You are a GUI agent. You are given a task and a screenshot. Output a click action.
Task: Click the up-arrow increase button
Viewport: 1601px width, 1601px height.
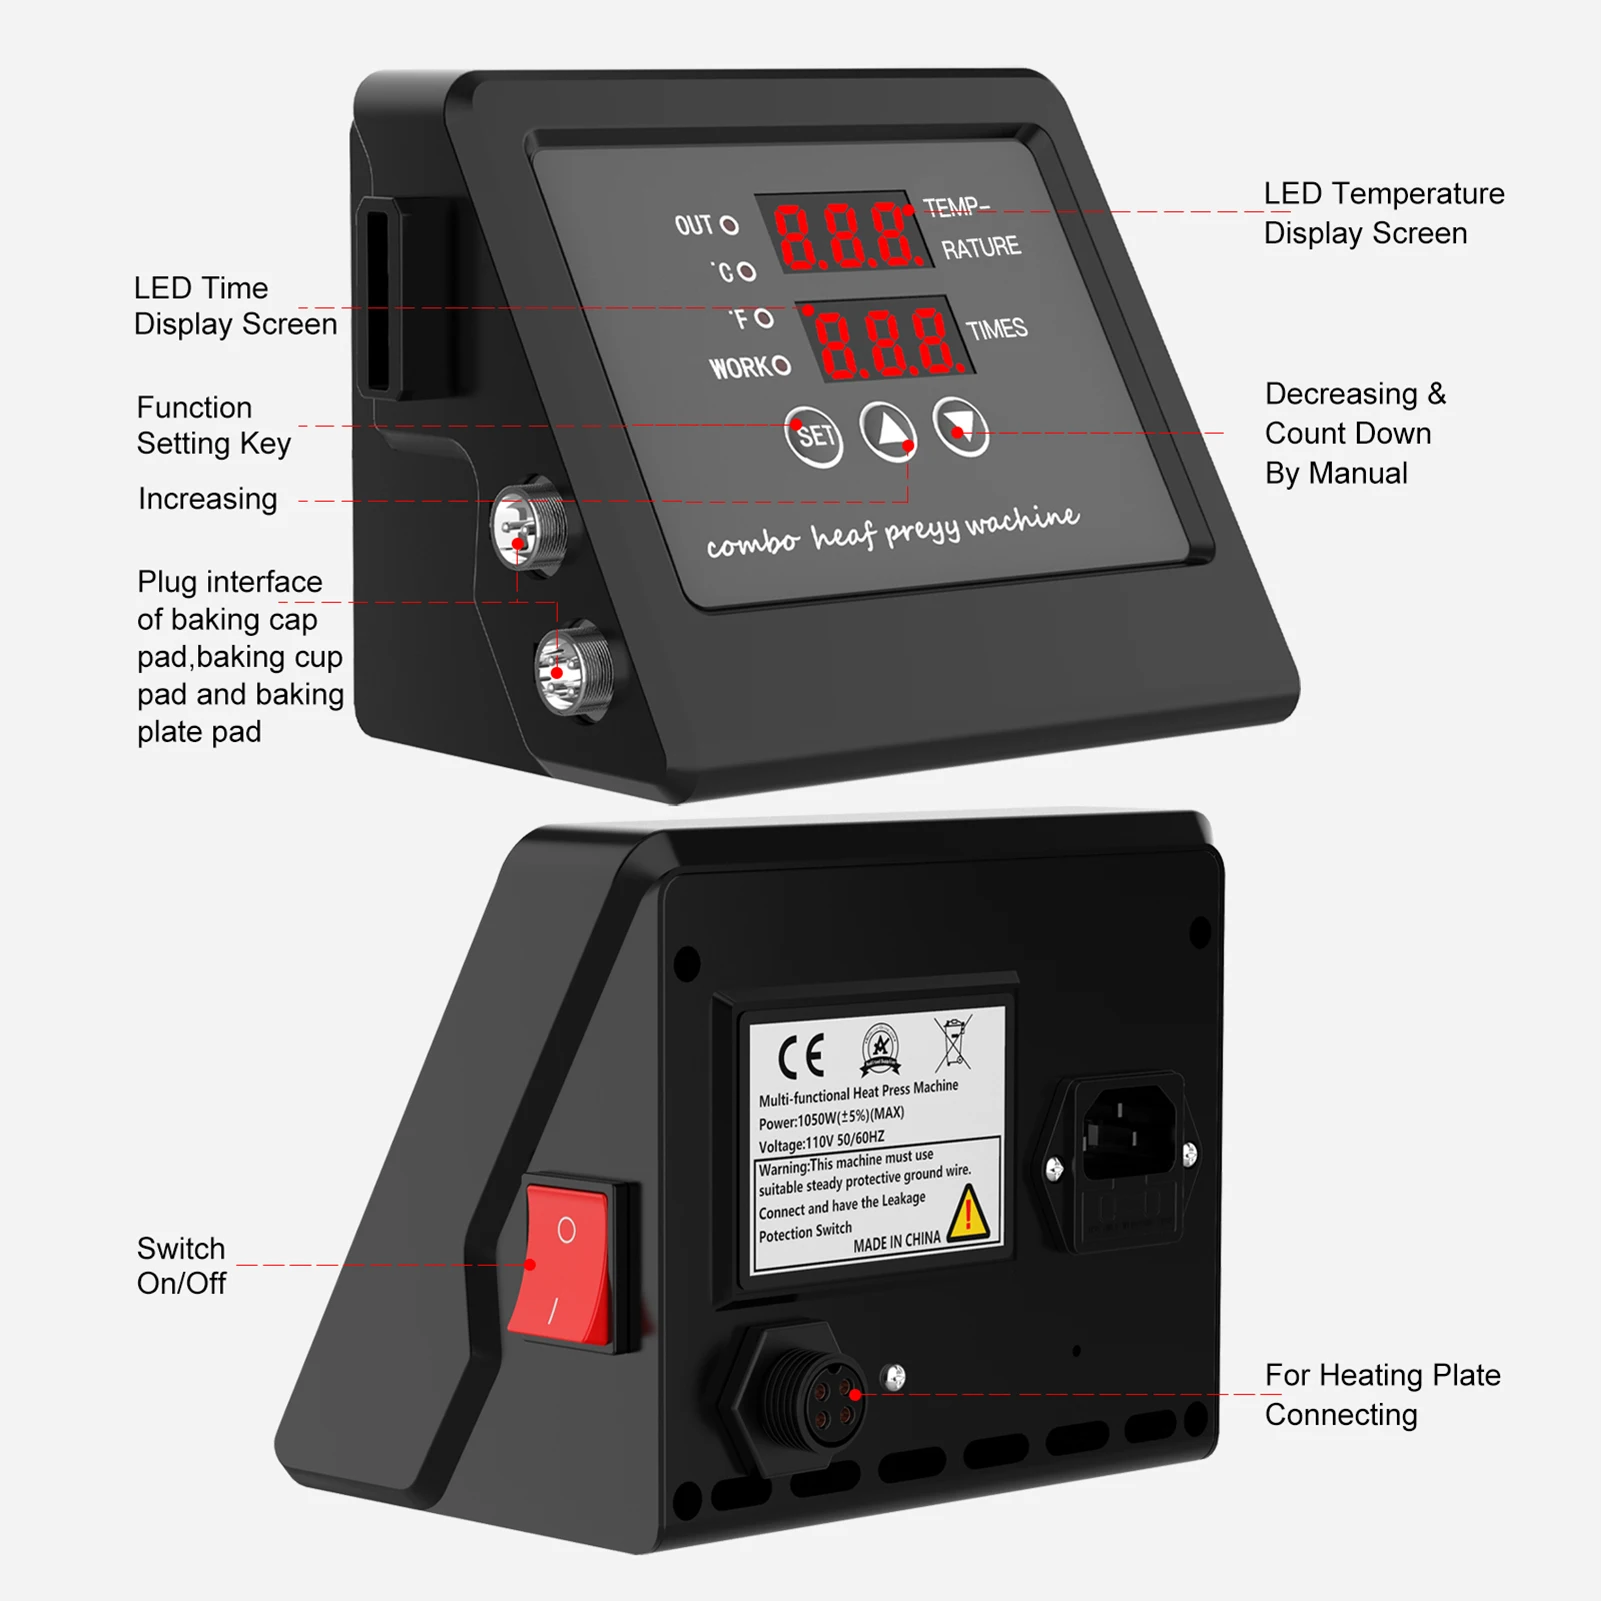click(888, 431)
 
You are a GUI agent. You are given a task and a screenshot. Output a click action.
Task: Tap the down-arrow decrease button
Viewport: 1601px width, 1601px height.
click(961, 426)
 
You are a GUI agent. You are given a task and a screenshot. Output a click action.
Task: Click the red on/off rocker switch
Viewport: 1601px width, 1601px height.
click(565, 1265)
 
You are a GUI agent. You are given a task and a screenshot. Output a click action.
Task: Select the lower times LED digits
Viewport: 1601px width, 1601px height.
click(885, 341)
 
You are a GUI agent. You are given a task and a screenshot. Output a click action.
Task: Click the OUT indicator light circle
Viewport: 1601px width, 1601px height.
click(730, 225)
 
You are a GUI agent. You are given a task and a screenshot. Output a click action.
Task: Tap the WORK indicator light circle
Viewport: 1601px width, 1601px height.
click(781, 366)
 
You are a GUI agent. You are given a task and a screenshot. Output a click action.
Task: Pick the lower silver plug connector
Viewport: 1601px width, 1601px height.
click(573, 670)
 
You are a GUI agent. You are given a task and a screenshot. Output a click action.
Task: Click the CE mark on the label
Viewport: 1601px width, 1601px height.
click(801, 1055)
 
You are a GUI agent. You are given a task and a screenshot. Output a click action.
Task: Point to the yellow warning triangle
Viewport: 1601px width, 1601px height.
click(967, 1213)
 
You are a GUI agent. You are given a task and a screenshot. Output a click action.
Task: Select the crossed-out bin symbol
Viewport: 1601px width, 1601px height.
click(953, 1043)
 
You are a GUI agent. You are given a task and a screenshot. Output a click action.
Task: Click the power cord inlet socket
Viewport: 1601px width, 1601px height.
click(1128, 1135)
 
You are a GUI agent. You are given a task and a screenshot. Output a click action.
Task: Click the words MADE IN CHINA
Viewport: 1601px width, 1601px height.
click(896, 1242)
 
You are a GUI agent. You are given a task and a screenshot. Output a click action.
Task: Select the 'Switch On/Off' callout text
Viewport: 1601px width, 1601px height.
click(181, 1266)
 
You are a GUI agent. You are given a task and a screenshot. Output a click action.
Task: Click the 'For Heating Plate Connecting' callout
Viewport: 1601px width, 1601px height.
click(1382, 1395)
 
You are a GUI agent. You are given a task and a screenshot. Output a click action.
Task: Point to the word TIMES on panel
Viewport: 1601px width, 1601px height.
click(996, 329)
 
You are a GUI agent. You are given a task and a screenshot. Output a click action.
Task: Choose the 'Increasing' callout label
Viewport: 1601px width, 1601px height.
click(207, 499)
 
